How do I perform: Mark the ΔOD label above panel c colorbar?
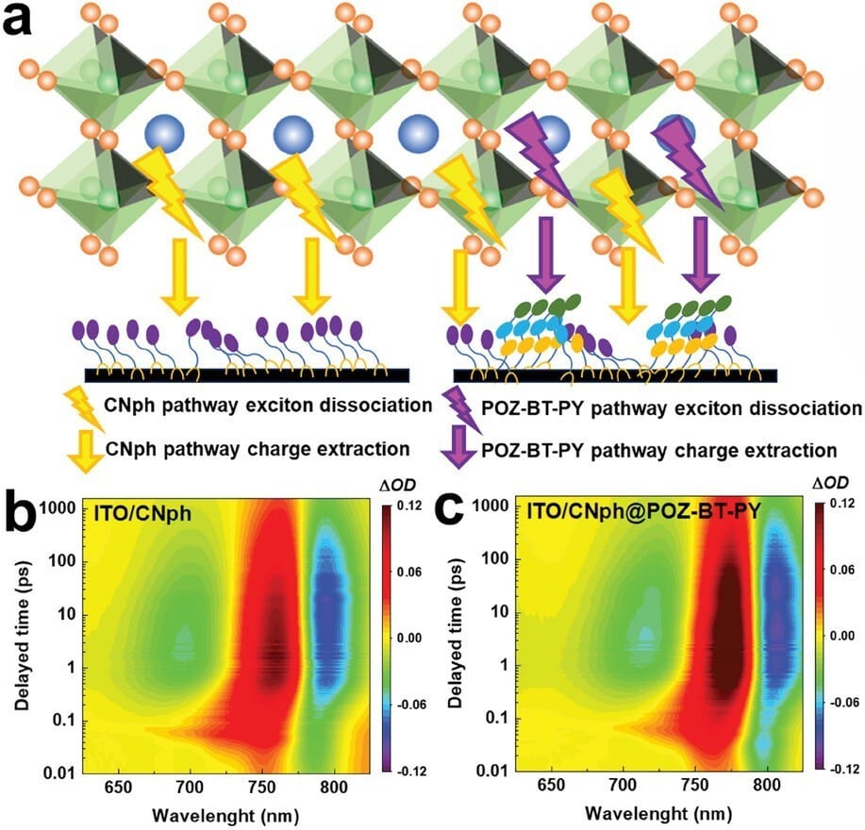830,483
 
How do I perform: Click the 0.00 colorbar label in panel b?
414,639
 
